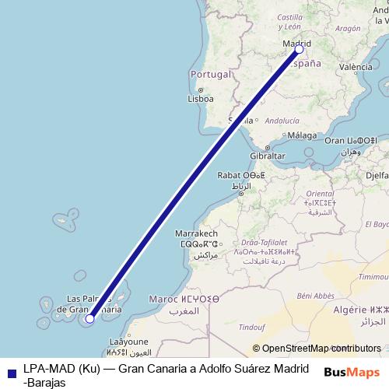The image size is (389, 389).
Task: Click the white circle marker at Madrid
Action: tap(300, 49)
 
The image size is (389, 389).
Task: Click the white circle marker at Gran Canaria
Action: tap(90, 318)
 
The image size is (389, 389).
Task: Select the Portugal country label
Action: tap(210, 75)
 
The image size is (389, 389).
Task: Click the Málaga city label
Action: tap(302, 135)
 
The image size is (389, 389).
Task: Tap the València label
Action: tap(356, 67)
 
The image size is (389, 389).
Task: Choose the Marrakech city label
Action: tap(196, 233)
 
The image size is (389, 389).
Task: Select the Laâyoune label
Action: tap(128, 342)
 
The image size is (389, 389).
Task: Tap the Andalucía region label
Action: tap(282, 121)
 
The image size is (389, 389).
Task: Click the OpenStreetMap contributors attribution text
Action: tap(316, 349)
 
